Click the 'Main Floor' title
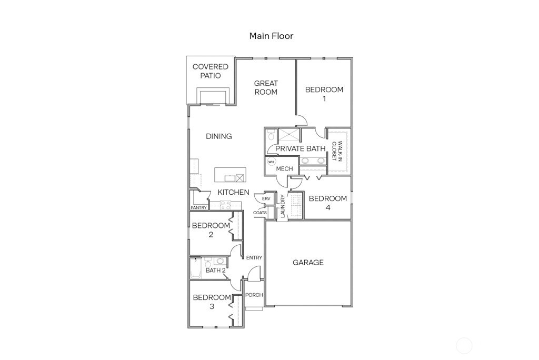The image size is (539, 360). tap(271, 36)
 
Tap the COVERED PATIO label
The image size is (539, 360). tap(210, 71)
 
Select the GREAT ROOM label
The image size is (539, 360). tap(266, 87)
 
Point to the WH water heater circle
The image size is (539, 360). tap(271, 162)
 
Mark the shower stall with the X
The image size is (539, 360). tap(288, 135)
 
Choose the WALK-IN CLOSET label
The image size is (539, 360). tap(336, 151)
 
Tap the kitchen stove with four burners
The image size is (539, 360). tap(226, 205)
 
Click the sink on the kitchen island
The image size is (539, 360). tap(240, 177)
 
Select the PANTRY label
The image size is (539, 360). tap(198, 208)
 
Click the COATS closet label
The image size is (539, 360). tap(260, 213)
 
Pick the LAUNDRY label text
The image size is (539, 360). tap(283, 206)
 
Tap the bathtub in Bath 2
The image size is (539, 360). tap(195, 268)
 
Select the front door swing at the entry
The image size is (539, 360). tap(254, 273)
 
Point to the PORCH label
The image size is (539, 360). tap(254, 295)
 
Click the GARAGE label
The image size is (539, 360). tap(308, 262)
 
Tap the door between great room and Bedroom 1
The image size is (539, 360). tap(300, 121)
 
